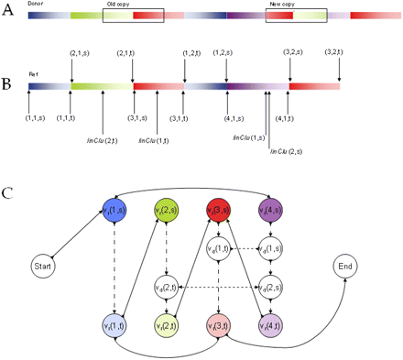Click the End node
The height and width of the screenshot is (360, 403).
pos(346,267)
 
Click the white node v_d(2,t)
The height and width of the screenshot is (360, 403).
pos(166,289)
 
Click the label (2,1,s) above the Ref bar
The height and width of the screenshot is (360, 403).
pos(81,53)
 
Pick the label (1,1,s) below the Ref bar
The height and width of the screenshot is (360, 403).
pos(36,117)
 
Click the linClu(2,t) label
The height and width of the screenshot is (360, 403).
pos(102,140)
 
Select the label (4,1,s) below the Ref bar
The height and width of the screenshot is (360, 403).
pos(234,117)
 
